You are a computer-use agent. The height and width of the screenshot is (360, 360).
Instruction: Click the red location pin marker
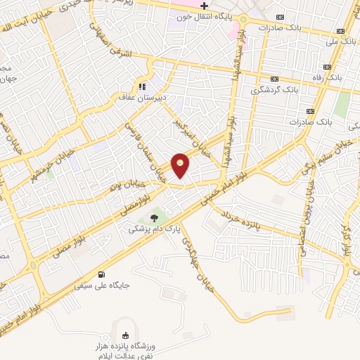(x=181, y=165)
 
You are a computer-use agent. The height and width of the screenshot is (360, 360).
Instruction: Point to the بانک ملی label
(x=330, y=41)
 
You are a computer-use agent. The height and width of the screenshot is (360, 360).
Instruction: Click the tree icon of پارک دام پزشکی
(x=154, y=217)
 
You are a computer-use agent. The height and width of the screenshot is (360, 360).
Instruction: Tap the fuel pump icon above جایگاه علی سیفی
(x=103, y=274)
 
